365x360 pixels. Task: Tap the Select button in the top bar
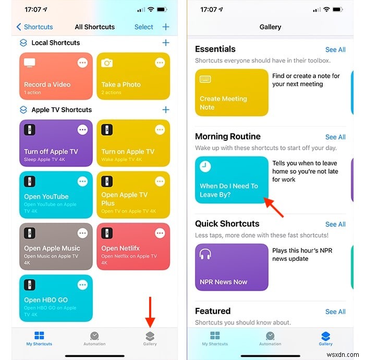click(144, 27)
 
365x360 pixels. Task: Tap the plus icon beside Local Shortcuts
click(166, 43)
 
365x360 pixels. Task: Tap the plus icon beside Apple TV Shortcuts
click(166, 110)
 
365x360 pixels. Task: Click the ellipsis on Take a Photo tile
click(160, 63)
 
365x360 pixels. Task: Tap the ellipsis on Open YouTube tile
click(82, 182)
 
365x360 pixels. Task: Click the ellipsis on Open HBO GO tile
click(82, 285)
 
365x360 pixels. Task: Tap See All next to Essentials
click(335, 50)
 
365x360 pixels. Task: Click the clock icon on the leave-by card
click(205, 166)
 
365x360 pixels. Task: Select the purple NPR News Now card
click(232, 267)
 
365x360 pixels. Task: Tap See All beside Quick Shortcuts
click(335, 224)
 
